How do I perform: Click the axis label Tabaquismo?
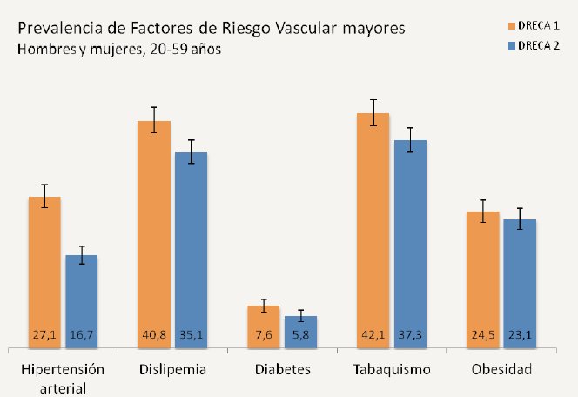pyautogui.click(x=393, y=369)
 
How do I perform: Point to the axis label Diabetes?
pyautogui.click(x=283, y=369)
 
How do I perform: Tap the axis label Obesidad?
pyautogui.click(x=501, y=369)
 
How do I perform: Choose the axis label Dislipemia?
pyautogui.click(x=172, y=369)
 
